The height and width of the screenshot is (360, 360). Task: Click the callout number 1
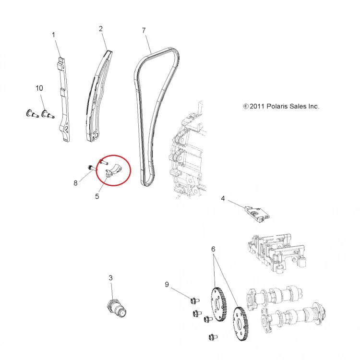[x=53, y=35]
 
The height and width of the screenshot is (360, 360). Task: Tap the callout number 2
[x=101, y=29]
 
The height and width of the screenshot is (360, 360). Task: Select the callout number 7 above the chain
[x=144, y=30]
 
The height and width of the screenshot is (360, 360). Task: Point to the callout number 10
[x=39, y=88]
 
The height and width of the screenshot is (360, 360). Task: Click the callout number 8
[x=75, y=183]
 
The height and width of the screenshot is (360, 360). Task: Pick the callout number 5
[x=97, y=196]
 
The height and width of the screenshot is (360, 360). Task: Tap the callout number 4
[x=223, y=198]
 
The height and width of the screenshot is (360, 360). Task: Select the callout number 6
[x=213, y=249]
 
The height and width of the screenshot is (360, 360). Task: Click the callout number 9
[x=167, y=285]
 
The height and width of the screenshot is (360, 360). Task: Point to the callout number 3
[x=111, y=278]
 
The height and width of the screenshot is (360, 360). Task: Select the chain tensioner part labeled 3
[x=117, y=308]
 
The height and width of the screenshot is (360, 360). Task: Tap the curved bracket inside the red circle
[x=114, y=171]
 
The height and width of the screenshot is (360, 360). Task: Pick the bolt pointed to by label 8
[x=91, y=168]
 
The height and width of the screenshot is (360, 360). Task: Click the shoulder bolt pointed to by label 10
[x=48, y=114]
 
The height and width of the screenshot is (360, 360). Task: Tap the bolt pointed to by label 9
[x=195, y=300]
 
